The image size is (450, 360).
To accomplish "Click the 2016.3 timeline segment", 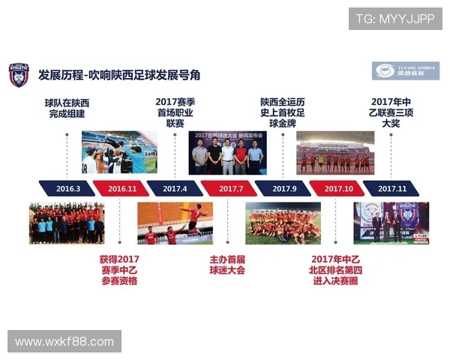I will pyautogui.click(x=67, y=188).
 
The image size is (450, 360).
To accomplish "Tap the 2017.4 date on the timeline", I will pyautogui.click(x=174, y=188).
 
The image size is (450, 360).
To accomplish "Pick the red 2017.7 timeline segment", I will pyautogui.click(x=229, y=188).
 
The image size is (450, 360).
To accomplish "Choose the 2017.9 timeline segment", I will pyautogui.click(x=283, y=188).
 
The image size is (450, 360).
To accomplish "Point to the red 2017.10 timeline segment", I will pyautogui.click(x=337, y=188).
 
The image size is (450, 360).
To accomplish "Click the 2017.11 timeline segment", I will pyautogui.click(x=391, y=188).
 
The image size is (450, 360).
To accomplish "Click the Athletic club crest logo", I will pyautogui.click(x=18, y=74).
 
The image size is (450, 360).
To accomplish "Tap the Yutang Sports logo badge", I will pyautogui.click(x=406, y=71).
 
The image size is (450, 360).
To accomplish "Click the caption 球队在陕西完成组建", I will pyautogui.click(x=65, y=108).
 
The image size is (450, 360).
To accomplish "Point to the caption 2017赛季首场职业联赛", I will pyautogui.click(x=175, y=112).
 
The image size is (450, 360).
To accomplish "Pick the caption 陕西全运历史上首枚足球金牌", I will pyautogui.click(x=283, y=112).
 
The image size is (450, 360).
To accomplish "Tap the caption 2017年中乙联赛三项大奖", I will pyautogui.click(x=391, y=112).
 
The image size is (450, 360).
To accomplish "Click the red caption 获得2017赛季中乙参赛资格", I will pyautogui.click(x=119, y=270).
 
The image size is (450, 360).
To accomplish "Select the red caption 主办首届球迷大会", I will pyautogui.click(x=227, y=265).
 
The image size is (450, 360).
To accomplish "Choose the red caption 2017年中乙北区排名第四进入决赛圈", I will pyautogui.click(x=335, y=270).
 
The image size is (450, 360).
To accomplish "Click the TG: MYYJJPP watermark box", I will pyautogui.click(x=395, y=19).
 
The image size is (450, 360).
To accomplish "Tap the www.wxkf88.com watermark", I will pyautogui.click(x=64, y=342).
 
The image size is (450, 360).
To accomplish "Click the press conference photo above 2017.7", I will pyautogui.click(x=227, y=153).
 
